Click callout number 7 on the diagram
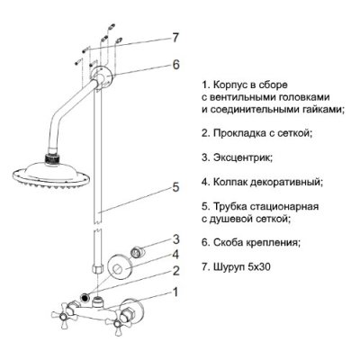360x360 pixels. pyautogui.click(x=175, y=38)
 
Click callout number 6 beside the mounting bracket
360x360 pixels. pyautogui.click(x=175, y=64)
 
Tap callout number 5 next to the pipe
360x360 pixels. pyautogui.click(x=175, y=187)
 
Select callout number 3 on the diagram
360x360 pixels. pyautogui.click(x=175, y=239)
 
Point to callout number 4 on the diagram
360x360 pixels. pyautogui.click(x=175, y=255)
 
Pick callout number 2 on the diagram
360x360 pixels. pyautogui.click(x=175, y=271)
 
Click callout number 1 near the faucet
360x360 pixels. pyautogui.click(x=175, y=292)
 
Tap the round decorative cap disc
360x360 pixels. pyautogui.click(x=120, y=265)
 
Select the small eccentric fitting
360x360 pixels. pyautogui.click(x=138, y=251)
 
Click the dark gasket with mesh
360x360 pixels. pyautogui.click(x=85, y=298)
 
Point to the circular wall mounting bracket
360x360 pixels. pyautogui.click(x=103, y=76)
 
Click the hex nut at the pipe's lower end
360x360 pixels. pyautogui.click(x=96, y=267)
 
